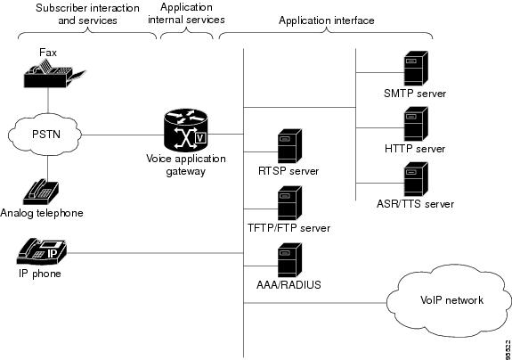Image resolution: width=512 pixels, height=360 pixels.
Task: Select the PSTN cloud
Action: pos(45,135)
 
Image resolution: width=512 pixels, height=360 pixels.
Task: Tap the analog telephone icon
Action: pos(41,192)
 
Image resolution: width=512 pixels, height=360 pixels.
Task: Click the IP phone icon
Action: pos(42,251)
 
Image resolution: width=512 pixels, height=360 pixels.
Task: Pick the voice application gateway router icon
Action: pos(185,129)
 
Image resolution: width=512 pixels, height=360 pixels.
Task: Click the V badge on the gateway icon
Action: pos(201,138)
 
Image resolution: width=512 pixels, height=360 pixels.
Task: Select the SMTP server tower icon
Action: pos(416,69)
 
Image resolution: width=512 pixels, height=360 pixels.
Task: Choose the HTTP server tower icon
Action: pos(416,124)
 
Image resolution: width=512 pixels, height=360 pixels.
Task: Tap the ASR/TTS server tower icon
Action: pos(416,179)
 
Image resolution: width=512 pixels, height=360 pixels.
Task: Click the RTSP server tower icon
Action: pos(289,146)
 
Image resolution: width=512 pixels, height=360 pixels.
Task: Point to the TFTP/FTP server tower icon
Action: pos(289,203)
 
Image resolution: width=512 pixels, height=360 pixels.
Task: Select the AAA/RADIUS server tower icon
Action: pos(289,260)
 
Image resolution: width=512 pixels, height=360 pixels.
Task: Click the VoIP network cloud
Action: pos(449,300)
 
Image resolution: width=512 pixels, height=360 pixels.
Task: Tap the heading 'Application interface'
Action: pos(327,20)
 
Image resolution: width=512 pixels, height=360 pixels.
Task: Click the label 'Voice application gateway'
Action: pos(186,165)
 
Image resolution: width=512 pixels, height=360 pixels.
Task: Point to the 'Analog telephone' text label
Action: pos(42,213)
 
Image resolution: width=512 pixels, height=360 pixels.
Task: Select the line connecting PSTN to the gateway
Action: pos(123,135)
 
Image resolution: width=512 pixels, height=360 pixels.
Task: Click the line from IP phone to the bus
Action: pos(155,253)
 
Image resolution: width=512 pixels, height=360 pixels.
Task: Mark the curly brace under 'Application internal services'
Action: pos(186,32)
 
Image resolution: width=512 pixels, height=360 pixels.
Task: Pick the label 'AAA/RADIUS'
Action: pos(289,285)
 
